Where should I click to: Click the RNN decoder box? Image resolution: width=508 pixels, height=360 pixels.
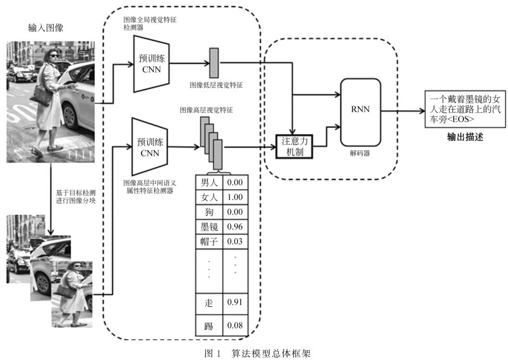[x=361, y=112]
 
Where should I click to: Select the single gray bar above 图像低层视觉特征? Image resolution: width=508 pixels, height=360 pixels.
[x=214, y=63]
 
